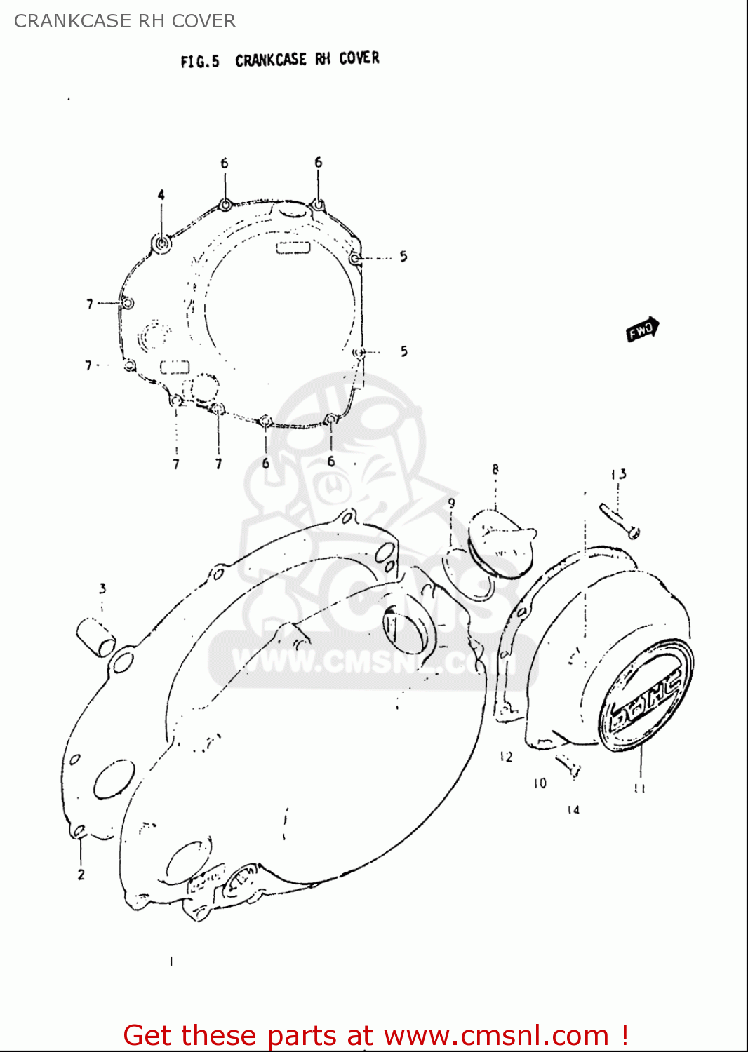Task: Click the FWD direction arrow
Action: coord(643,329)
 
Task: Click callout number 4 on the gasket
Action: coord(161,195)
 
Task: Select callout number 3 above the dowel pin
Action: coord(102,588)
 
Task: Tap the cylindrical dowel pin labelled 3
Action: coord(95,636)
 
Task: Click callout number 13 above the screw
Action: coord(618,475)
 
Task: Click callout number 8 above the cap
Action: coord(495,469)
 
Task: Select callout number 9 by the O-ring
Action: coord(451,503)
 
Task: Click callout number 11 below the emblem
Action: coord(639,788)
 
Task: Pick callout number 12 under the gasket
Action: coord(506,757)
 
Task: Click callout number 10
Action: coord(540,783)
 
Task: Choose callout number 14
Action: coord(573,810)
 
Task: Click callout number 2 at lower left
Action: coord(81,875)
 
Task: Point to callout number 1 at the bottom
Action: coord(171,962)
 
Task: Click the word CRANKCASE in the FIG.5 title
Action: coord(271,60)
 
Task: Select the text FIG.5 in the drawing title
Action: coord(199,62)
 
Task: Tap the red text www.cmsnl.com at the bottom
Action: coord(496,1036)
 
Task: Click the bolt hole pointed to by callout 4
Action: coord(163,243)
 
